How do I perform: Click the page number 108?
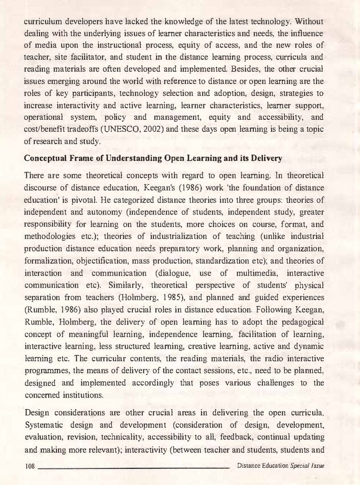pyautogui.click(x=30, y=466)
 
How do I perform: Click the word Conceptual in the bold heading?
pyautogui.click(x=50, y=157)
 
